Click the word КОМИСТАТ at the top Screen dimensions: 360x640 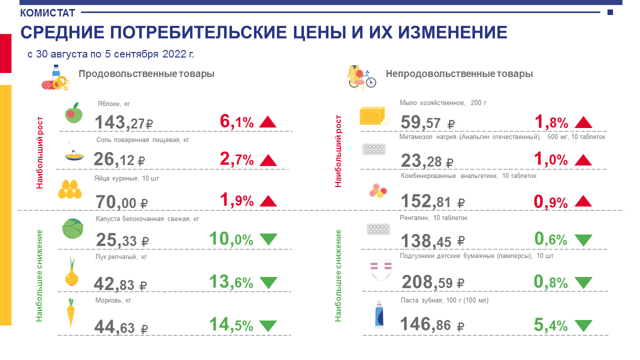[x=47, y=13]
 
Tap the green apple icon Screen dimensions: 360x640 [x=72, y=113]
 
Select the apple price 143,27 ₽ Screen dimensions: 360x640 [x=123, y=122]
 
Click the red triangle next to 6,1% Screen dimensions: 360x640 [x=268, y=121]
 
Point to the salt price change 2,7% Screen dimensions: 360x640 [x=236, y=159]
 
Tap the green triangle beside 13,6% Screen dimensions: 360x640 [x=268, y=282]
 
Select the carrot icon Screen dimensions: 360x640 [x=71, y=312]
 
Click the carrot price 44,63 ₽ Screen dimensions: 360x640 [x=121, y=328]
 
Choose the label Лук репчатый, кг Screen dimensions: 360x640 [x=121, y=257]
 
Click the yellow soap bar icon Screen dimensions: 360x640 [x=373, y=115]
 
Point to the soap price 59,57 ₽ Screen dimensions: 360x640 [x=427, y=122]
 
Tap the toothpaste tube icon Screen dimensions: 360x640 [x=379, y=314]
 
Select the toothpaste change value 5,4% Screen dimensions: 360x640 [x=550, y=325]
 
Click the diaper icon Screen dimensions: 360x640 [x=380, y=270]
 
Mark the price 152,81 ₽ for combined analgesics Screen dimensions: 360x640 [x=433, y=201]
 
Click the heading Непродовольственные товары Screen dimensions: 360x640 [x=459, y=74]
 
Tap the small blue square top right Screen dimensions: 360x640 [x=610, y=12]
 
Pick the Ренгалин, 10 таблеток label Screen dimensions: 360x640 [x=433, y=218]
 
